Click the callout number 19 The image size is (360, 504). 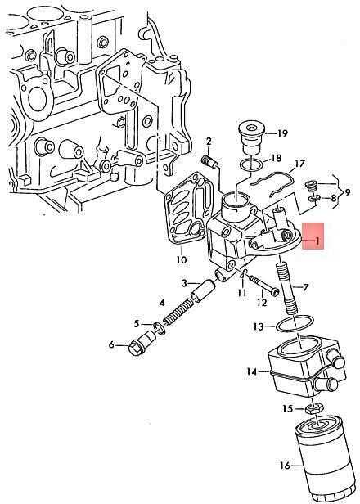(x=281, y=133)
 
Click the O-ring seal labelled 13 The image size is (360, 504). (x=295, y=323)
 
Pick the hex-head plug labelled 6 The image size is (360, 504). (x=142, y=344)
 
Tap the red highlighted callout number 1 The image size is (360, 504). (x=317, y=241)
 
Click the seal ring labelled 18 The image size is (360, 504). (x=250, y=164)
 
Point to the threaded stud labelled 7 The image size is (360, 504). (x=288, y=288)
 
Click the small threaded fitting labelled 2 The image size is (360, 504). (x=209, y=161)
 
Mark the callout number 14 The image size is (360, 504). (x=252, y=372)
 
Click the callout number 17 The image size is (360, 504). (x=299, y=164)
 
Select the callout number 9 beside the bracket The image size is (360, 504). (x=347, y=192)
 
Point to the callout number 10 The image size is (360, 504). (x=182, y=259)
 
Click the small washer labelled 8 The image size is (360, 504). (x=313, y=199)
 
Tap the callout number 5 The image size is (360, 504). (x=137, y=323)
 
